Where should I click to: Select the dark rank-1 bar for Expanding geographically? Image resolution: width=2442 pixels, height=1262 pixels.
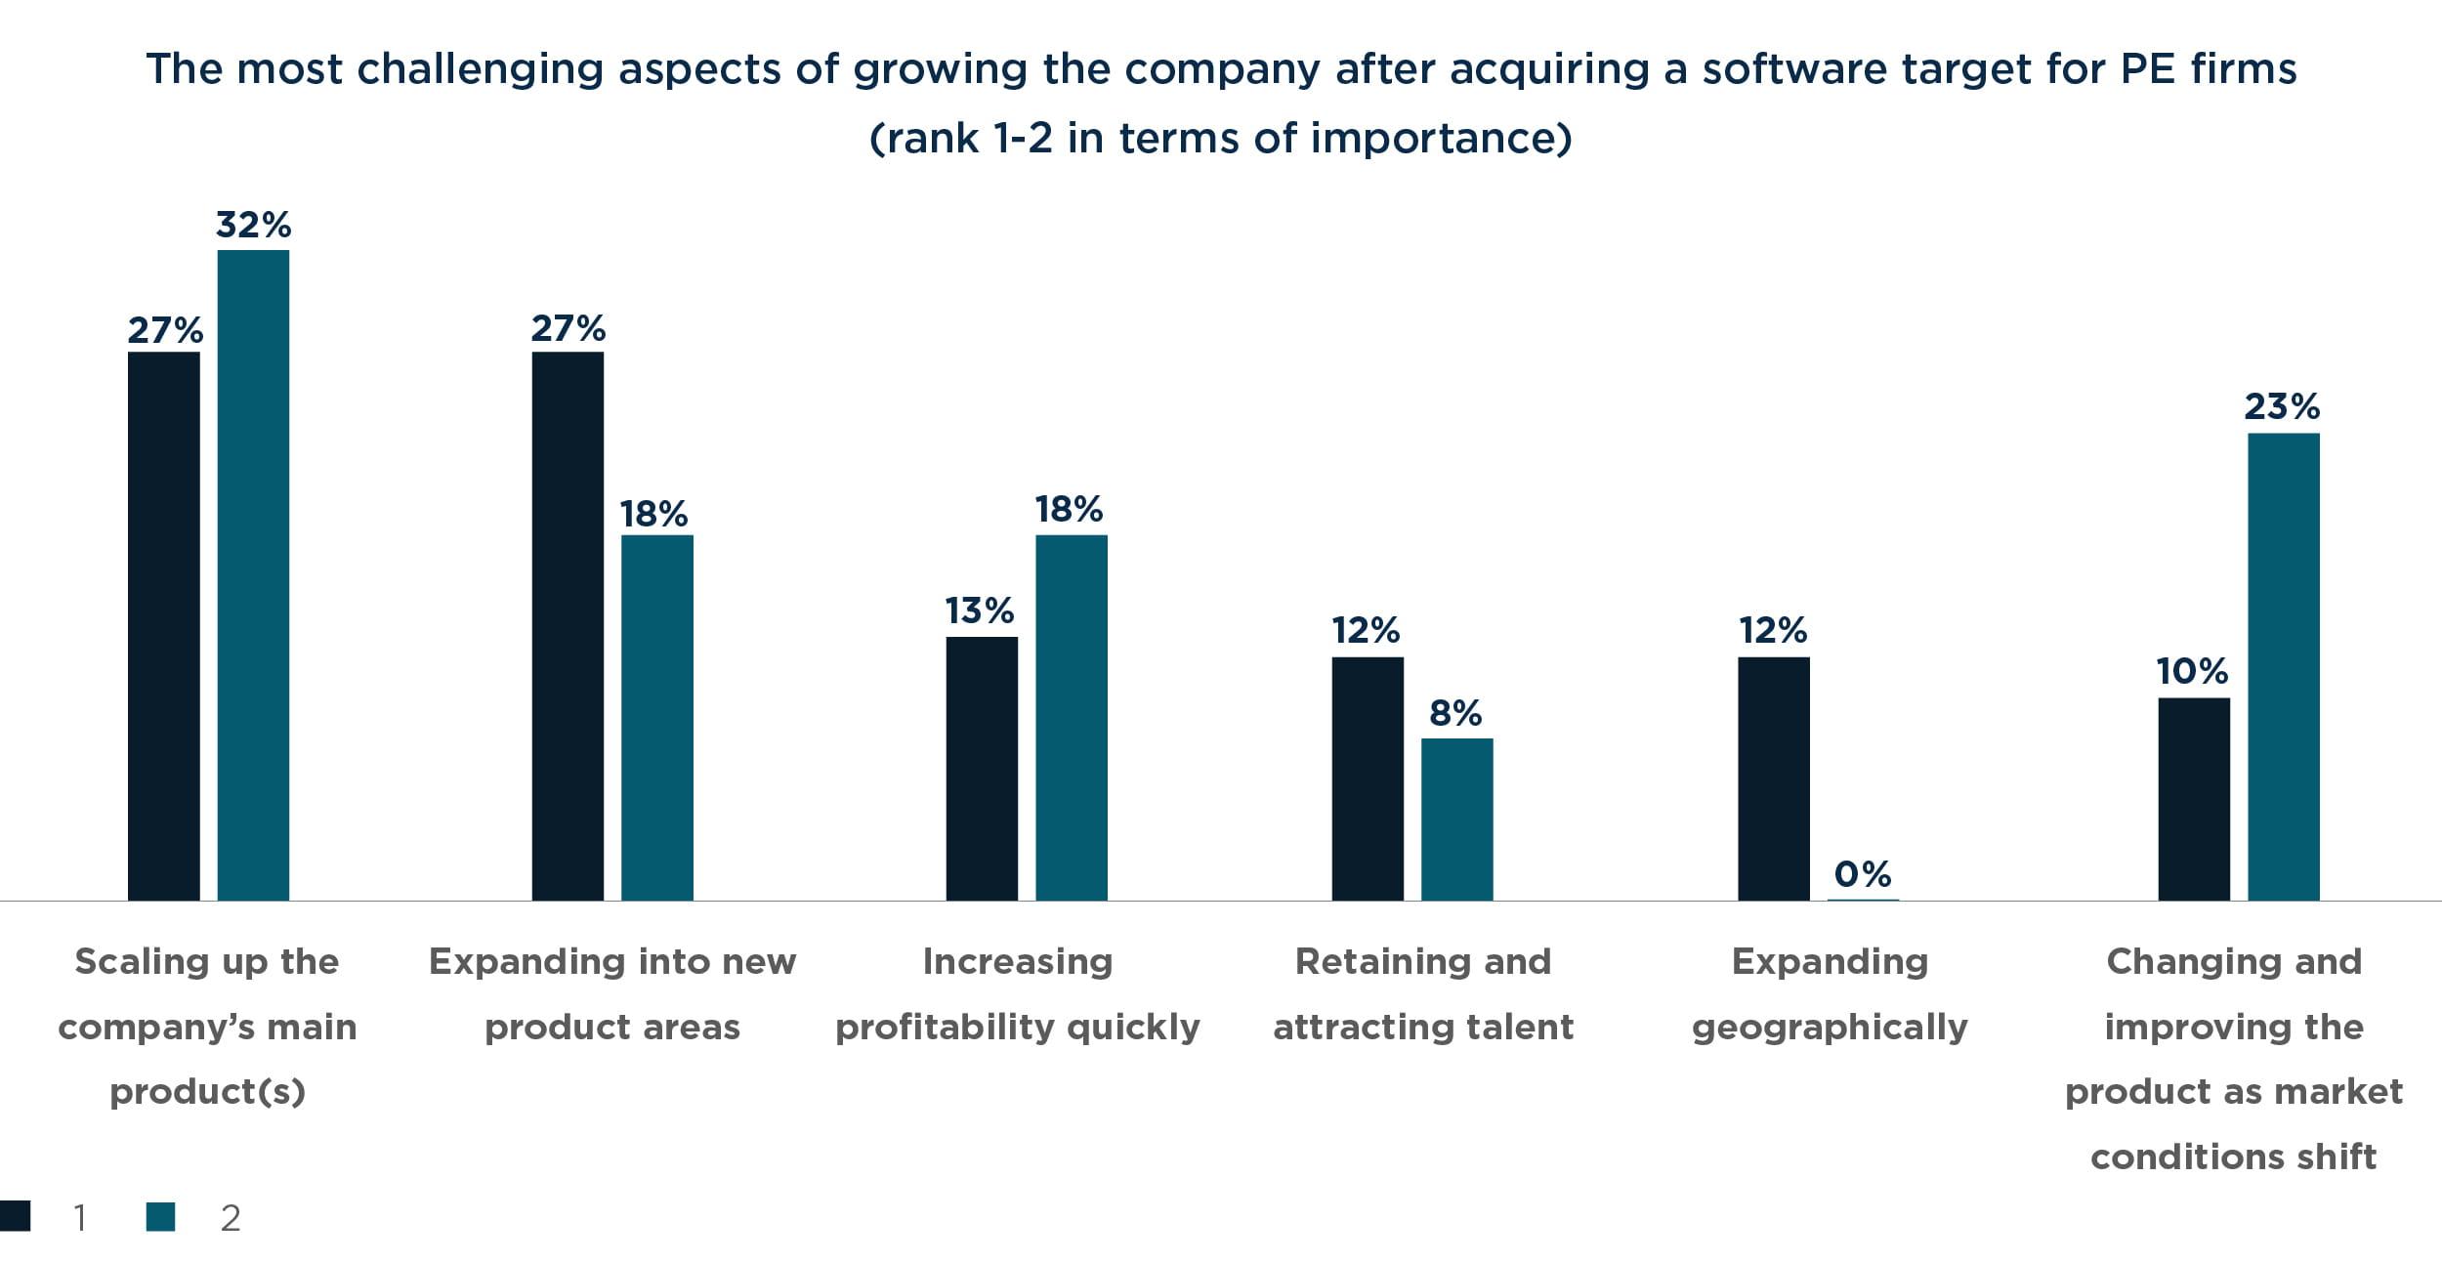point(1773,778)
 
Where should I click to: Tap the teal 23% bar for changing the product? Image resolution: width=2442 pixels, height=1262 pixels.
point(2283,666)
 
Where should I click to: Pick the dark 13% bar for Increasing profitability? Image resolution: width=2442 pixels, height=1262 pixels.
point(982,768)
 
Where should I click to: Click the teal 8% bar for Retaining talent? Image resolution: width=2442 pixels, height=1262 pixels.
point(1456,819)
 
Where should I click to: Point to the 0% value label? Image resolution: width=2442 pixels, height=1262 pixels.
point(1862,873)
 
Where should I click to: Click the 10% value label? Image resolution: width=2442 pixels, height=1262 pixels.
point(2193,671)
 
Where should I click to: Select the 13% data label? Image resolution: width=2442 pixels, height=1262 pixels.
point(979,610)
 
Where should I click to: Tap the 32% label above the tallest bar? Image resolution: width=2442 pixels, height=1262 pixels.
point(253,225)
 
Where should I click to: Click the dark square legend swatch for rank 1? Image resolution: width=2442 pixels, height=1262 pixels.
point(15,1216)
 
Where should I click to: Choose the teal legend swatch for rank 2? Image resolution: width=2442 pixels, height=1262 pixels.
point(160,1216)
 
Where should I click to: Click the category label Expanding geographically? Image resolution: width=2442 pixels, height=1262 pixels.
point(1830,993)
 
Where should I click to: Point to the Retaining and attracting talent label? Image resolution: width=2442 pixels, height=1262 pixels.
point(1423,993)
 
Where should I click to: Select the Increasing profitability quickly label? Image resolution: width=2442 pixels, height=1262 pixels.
point(1017,993)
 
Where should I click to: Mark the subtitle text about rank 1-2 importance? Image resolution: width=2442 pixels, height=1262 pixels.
point(1220,138)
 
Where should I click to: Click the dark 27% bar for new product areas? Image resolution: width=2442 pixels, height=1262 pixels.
point(568,625)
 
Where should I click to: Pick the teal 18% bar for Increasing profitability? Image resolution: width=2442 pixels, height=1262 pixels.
point(1071,717)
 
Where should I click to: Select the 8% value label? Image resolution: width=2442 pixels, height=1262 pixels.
point(1454,713)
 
